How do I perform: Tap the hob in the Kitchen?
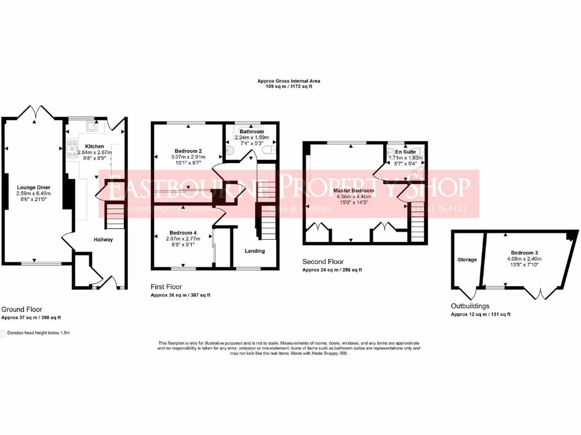(x=72, y=149)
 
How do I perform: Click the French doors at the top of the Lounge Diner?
(x=36, y=112)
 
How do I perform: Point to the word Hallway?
(x=103, y=240)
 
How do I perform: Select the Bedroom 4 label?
(x=182, y=233)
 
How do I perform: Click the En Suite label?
(x=406, y=152)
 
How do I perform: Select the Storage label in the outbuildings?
(x=467, y=259)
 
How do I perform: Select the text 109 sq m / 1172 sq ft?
(x=289, y=87)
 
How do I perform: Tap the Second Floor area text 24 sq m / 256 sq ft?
(x=332, y=270)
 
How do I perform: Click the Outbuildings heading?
(x=470, y=306)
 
